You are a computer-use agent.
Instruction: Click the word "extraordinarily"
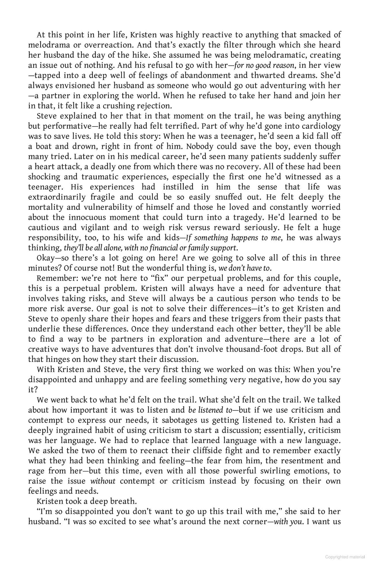click(57, 197)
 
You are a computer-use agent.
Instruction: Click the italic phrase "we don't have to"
click(244, 268)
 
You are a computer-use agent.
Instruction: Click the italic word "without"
click(103, 481)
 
